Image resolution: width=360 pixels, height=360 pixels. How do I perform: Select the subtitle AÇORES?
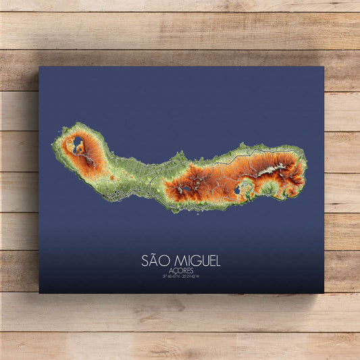point(180,270)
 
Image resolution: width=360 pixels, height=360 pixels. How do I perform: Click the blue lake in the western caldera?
point(78,142)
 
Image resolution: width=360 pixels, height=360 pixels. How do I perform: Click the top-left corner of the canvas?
point(39,66)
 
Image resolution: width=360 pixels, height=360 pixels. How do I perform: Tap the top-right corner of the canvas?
point(324,66)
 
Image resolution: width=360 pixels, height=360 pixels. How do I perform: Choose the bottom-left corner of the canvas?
point(39,292)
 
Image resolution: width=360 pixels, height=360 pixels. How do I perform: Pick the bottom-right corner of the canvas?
point(324,292)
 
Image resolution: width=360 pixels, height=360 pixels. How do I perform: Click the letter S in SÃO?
point(145,260)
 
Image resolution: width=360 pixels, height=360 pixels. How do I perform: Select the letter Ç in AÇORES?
point(174,270)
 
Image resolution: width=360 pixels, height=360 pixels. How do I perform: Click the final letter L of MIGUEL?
point(217,260)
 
